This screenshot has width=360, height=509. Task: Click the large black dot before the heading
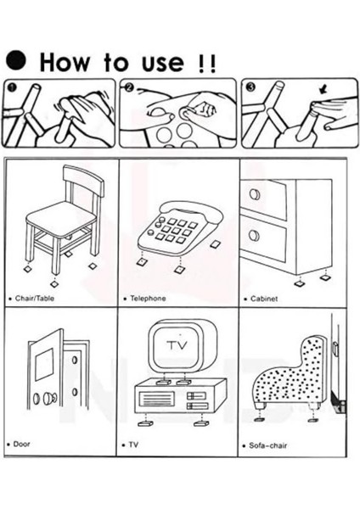tap(16, 59)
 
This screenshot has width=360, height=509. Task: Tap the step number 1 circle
tap(12, 87)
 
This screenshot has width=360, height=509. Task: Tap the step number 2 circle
tap(129, 87)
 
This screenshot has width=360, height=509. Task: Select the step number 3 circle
tap(251, 87)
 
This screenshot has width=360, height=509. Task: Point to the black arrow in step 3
tap(323, 89)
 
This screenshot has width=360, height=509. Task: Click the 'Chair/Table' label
tap(35, 298)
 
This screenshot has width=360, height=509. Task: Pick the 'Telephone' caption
tap(148, 298)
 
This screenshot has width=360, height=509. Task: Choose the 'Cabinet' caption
tap(264, 299)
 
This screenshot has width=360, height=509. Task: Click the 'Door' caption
tap(21, 444)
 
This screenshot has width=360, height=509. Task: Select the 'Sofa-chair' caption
tap(268, 445)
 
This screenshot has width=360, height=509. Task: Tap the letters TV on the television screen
tap(177, 344)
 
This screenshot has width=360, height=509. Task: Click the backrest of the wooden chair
tap(84, 179)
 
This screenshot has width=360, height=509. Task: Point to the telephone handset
tap(192, 211)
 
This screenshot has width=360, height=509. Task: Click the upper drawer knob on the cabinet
tap(255, 194)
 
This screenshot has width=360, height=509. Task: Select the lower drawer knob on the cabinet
tap(255, 235)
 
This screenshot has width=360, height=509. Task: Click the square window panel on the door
tap(44, 364)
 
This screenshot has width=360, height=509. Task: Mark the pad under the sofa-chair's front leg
tap(260, 419)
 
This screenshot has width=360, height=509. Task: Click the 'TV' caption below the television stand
tap(133, 445)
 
